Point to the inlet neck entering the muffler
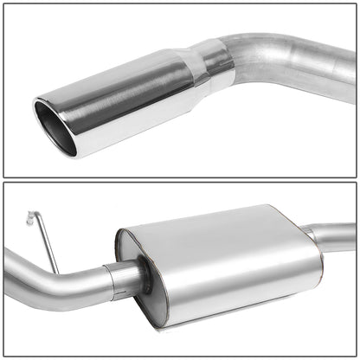click(x=128, y=275)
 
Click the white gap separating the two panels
click(x=180, y=179)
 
